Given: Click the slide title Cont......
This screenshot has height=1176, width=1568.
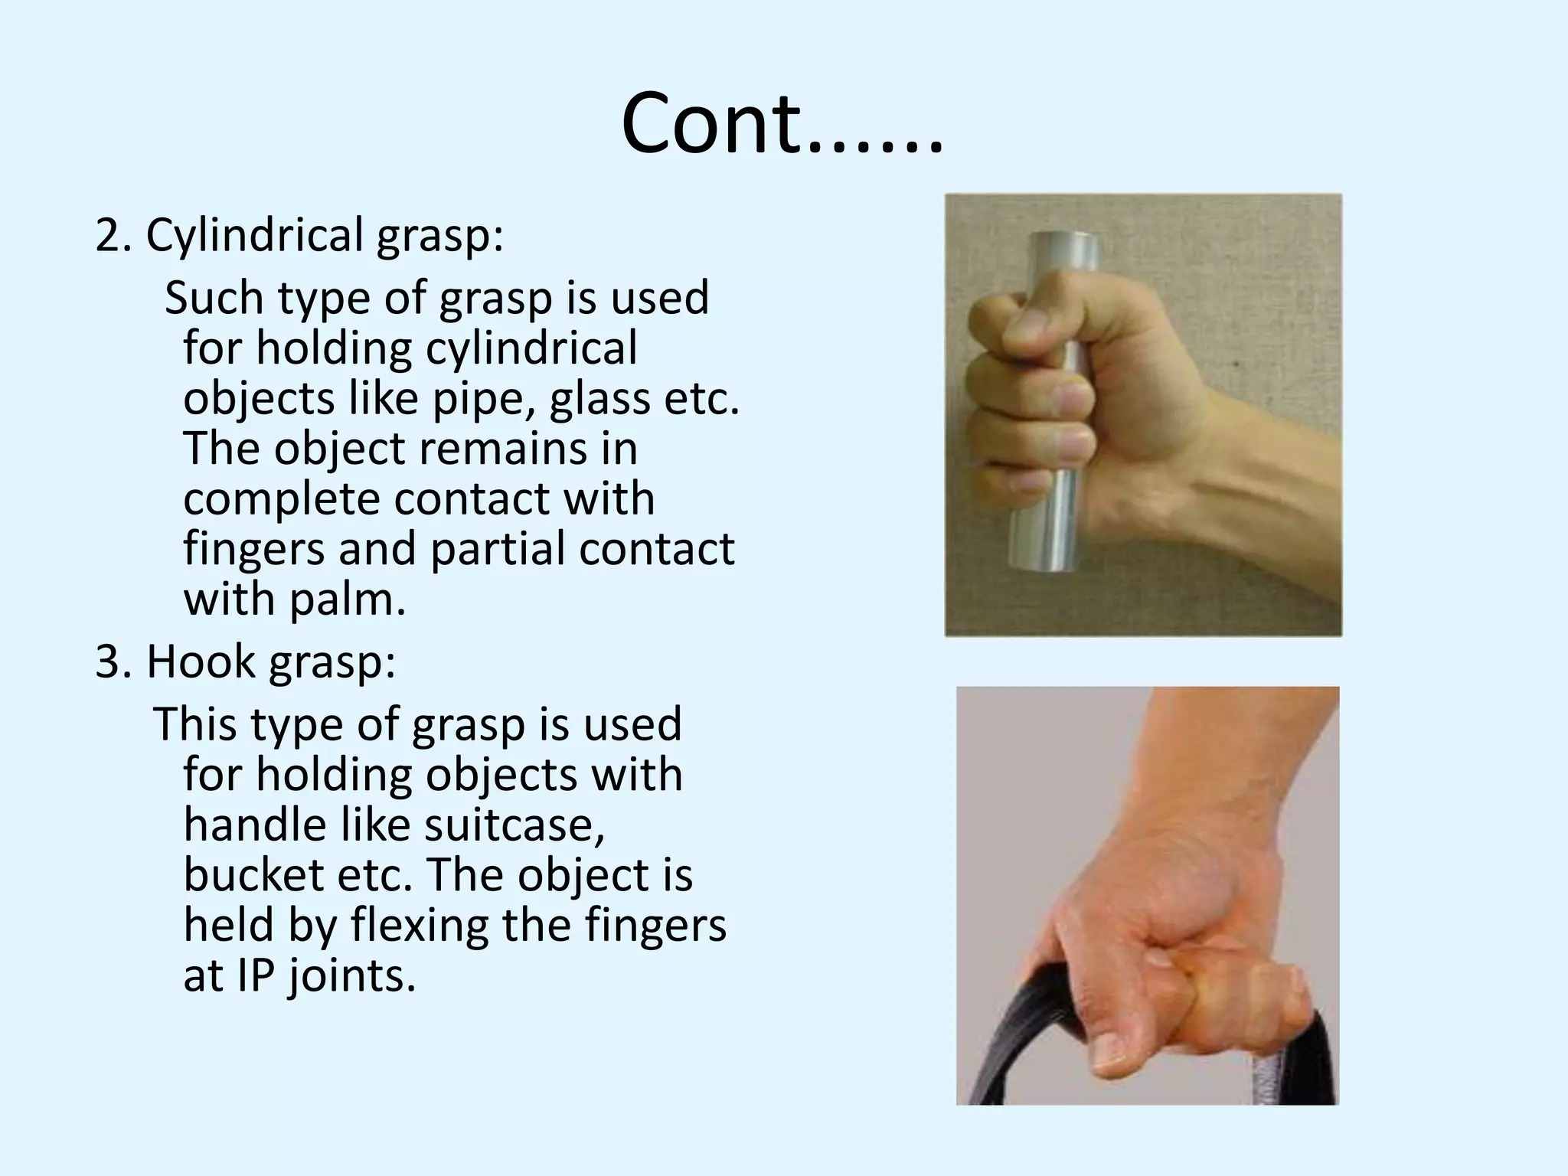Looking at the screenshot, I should pos(781,122).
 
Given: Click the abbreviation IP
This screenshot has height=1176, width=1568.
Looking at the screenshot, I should pos(255,975).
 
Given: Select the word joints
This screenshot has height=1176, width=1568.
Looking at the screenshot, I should pos(352,977).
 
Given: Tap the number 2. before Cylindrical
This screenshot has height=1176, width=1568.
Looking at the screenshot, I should pos(113,235).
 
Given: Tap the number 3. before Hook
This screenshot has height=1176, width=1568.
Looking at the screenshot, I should pos(113,661).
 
